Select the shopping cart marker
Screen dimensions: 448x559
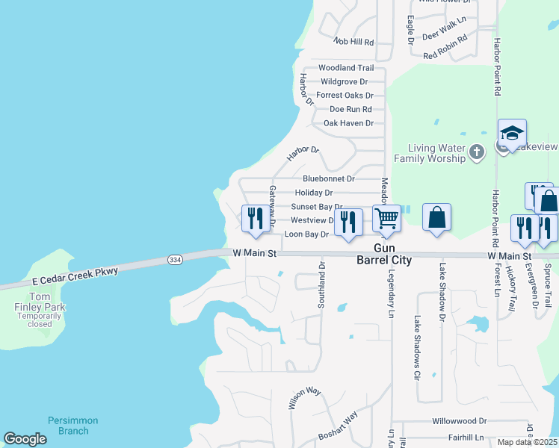(386, 218)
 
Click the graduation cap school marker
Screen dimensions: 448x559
(512, 134)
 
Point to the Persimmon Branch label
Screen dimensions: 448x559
(68, 426)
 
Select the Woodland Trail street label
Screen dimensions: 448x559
(345, 68)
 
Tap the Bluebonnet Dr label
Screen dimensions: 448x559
(328, 178)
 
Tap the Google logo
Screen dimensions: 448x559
(25, 439)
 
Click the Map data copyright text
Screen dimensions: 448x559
(526, 442)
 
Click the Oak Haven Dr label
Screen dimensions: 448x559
(348, 123)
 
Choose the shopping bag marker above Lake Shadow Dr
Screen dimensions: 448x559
(437, 218)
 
